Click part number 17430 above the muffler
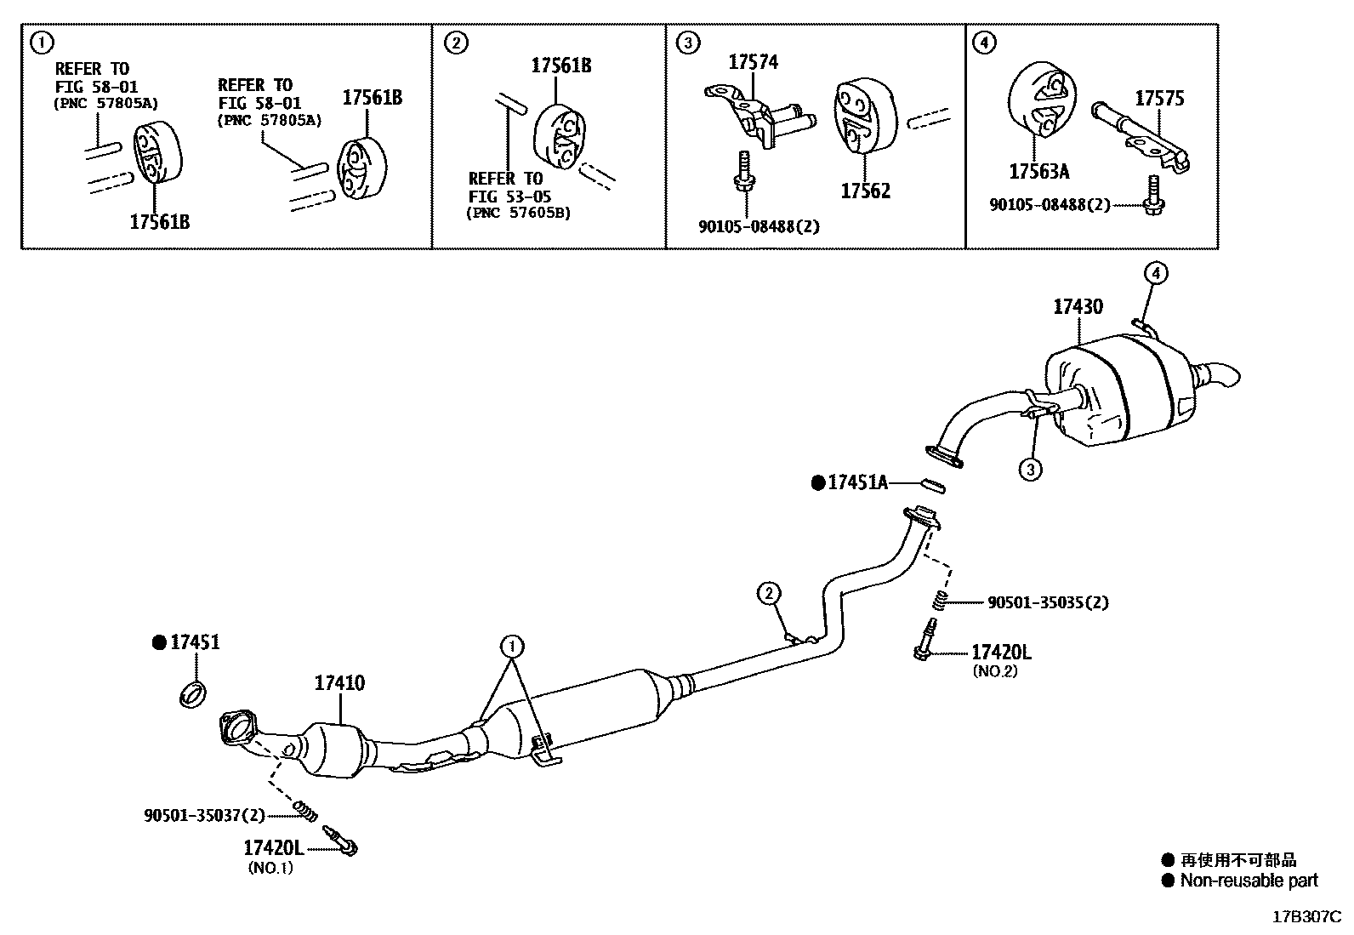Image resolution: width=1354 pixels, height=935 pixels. click(x=1078, y=307)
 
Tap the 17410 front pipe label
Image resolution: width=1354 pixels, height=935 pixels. click(x=339, y=682)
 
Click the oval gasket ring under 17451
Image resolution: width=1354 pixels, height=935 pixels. click(x=195, y=693)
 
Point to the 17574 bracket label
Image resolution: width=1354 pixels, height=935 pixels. click(x=753, y=62)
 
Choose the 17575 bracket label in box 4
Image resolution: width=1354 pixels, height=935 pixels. click(x=1158, y=99)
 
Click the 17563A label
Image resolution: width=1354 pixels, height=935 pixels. click(x=1038, y=172)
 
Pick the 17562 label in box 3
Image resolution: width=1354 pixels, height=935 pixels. click(x=865, y=191)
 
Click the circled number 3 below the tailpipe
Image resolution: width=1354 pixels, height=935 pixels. click(x=1030, y=469)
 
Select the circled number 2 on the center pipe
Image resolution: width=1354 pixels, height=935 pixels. click(x=768, y=593)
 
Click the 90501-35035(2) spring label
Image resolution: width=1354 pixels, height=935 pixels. click(x=1048, y=602)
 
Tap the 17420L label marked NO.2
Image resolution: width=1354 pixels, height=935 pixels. click(x=1001, y=653)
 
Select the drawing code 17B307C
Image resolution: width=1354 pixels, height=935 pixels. click(x=1306, y=917)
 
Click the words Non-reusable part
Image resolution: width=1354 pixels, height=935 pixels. click(x=1248, y=881)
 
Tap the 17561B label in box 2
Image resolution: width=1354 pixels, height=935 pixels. click(x=561, y=66)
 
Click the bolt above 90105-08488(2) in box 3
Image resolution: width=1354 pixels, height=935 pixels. click(x=742, y=171)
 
